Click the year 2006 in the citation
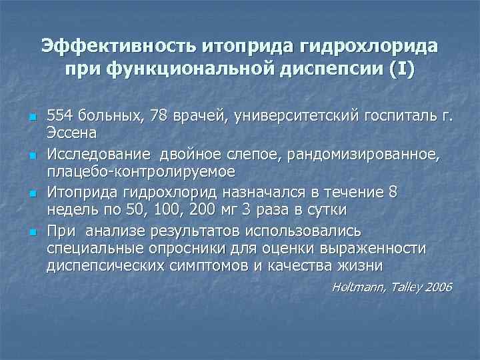(x=437, y=287)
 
